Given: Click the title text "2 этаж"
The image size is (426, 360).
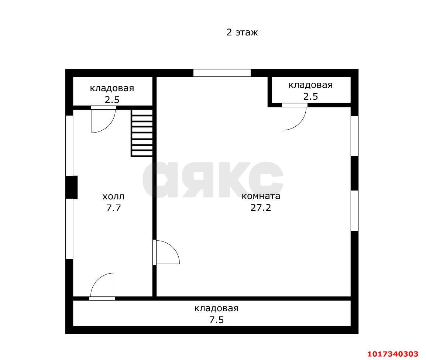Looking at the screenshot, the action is (242, 32).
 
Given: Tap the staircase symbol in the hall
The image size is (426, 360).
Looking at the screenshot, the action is (142, 133).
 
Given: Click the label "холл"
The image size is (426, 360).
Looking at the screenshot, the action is (113, 196).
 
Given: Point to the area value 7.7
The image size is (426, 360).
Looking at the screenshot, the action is (113, 208).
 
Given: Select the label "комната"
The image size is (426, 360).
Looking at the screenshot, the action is (261, 196).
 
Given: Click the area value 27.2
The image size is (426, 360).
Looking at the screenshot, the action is (261, 208).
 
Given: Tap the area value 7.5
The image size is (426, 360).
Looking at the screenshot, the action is (217, 320).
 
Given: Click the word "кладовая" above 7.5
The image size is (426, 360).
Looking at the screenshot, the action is (217, 308).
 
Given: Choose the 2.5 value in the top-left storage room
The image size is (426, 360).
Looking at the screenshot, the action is (112, 100).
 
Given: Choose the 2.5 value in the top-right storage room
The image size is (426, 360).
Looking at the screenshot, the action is (310, 96).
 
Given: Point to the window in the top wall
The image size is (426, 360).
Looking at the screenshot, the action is (222, 73).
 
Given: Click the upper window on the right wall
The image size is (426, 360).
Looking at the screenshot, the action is (354, 136).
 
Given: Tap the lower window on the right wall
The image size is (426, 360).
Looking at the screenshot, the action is (354, 210).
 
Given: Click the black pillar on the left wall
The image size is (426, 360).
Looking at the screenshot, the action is (72, 187).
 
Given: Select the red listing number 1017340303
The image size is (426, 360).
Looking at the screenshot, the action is (393, 354).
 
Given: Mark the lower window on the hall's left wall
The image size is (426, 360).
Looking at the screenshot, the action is (69, 229).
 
